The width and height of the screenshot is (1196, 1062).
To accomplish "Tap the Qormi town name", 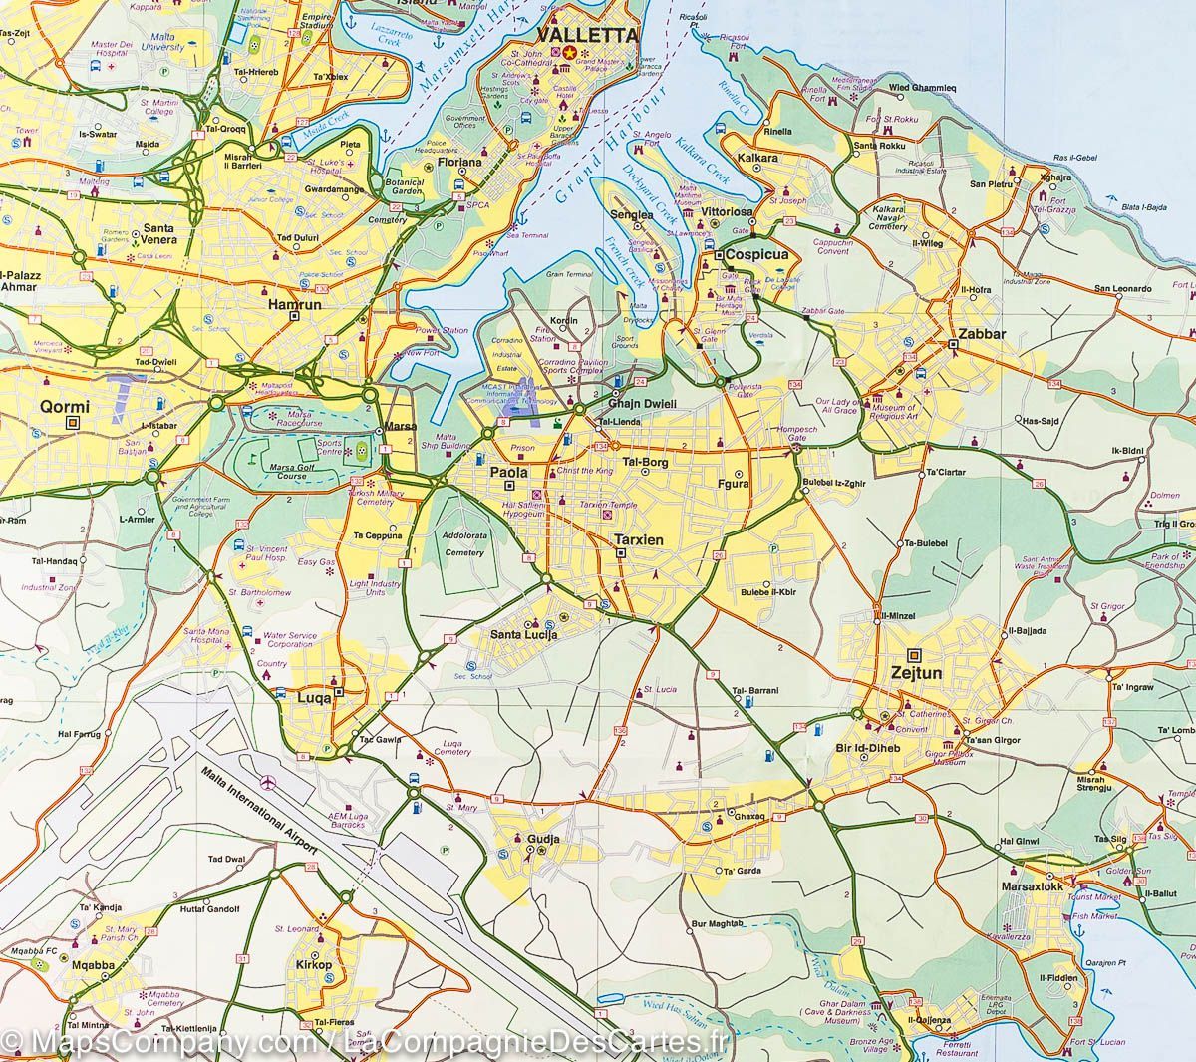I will [x=65, y=406].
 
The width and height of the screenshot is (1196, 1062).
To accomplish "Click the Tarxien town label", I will [x=634, y=538].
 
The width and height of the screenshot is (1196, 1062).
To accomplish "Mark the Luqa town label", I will [x=316, y=698].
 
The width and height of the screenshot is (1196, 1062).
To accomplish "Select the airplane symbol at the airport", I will [x=266, y=781].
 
